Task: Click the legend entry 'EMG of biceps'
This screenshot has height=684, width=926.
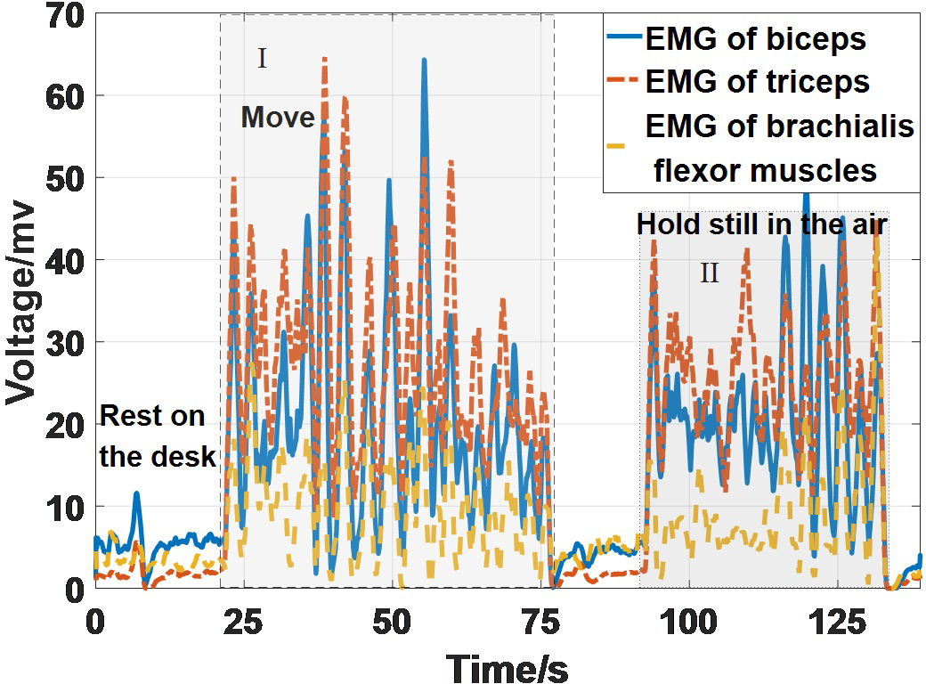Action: click(755, 39)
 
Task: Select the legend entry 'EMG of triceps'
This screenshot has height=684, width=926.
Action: click(757, 82)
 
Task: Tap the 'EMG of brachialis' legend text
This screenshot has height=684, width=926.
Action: click(780, 126)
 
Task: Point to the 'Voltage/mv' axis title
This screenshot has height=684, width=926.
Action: click(21, 303)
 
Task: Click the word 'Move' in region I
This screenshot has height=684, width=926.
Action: click(278, 118)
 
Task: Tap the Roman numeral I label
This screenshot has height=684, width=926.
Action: click(262, 60)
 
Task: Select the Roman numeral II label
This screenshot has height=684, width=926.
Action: click(709, 273)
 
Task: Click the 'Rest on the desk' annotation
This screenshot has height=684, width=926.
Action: click(157, 436)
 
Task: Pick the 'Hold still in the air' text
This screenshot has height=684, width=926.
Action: click(763, 224)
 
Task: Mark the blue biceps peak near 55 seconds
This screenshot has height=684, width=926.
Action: click(425, 61)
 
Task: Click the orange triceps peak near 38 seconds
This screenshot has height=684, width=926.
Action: click(324, 59)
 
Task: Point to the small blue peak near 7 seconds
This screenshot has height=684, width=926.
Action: click(136, 493)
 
